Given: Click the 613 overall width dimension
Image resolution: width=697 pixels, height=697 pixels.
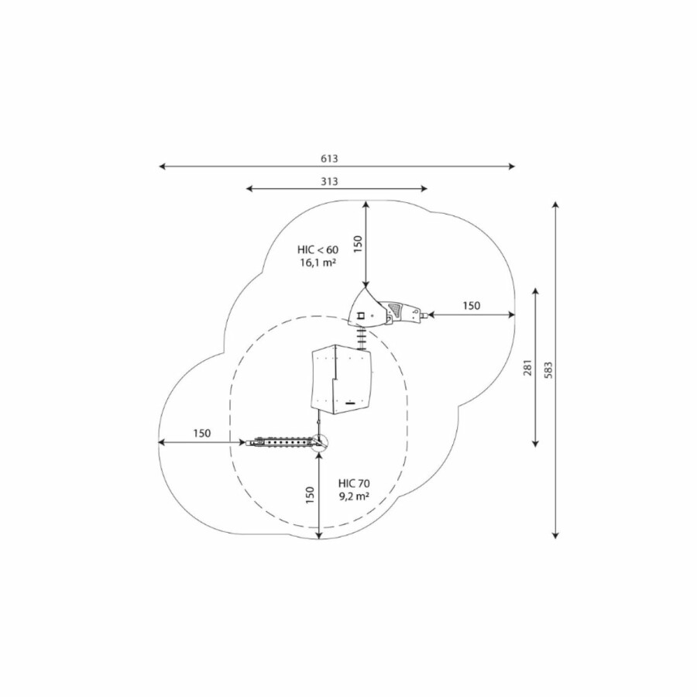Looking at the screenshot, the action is (329, 158).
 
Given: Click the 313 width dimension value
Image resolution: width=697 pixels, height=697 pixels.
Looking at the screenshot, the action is (329, 181).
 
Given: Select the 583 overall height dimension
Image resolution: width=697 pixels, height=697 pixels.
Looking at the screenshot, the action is (548, 370).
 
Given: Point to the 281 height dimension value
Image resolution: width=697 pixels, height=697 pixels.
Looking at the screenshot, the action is (527, 367).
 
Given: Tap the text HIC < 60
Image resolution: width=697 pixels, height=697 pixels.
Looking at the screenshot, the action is (318, 249).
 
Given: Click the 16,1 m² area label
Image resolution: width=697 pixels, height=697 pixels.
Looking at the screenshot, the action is (318, 263).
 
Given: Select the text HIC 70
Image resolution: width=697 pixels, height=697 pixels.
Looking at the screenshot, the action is (354, 483).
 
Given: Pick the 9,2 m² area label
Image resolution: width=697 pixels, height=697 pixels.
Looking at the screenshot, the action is (354, 496).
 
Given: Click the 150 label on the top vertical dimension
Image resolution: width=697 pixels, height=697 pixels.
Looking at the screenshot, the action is (359, 244).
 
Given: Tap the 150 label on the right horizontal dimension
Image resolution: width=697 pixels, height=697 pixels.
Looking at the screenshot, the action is (472, 306).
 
